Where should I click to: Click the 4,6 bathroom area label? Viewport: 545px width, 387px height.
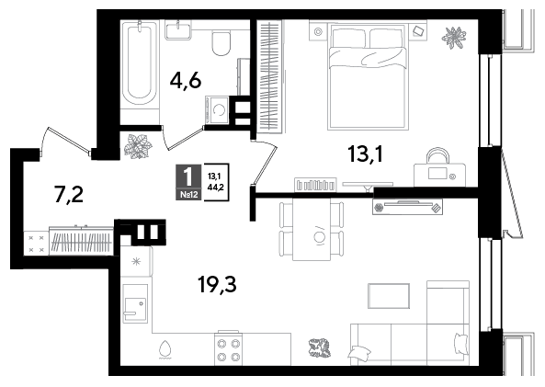(x=186, y=81)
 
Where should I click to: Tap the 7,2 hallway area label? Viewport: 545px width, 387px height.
(x=69, y=194)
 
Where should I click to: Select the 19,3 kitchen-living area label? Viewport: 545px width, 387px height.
(x=217, y=284)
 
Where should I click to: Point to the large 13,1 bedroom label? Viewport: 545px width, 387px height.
(x=365, y=154)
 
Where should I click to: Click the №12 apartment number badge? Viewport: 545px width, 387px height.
(x=189, y=195)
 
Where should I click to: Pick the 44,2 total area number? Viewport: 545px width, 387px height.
(x=215, y=188)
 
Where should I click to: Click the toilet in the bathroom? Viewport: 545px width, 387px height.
(x=221, y=43)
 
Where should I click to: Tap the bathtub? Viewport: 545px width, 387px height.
(x=140, y=63)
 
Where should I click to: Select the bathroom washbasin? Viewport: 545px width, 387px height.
(x=178, y=30)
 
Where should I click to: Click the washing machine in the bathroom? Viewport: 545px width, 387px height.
(x=217, y=110)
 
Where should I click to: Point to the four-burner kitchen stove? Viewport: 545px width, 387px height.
(x=228, y=348)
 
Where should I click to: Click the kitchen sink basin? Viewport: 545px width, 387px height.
(x=135, y=303)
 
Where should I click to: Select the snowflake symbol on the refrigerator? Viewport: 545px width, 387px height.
(x=136, y=261)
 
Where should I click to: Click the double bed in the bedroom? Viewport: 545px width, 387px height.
(x=369, y=76)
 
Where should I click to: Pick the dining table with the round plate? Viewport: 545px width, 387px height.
(x=312, y=230)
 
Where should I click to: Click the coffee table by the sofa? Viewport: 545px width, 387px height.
(x=389, y=296)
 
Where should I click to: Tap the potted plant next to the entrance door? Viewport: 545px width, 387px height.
(x=138, y=146)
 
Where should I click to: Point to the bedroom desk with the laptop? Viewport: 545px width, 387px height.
(x=439, y=175)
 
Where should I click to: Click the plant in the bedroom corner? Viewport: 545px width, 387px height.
(x=454, y=37)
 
